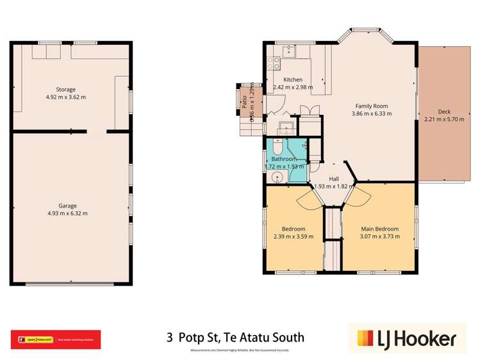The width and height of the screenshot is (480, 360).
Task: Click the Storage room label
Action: (65, 90)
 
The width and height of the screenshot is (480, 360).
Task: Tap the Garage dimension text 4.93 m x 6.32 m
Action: (67, 213)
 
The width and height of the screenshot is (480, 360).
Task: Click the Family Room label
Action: (372, 106)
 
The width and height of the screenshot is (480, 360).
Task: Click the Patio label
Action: (245, 101)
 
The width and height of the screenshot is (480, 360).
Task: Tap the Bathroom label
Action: (284, 159)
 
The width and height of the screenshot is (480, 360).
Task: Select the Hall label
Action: (334, 179)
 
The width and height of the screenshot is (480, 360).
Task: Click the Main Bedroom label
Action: (380, 229)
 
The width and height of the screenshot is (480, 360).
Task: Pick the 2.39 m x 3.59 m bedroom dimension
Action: (294, 236)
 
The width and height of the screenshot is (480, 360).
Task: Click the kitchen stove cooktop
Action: (276, 63)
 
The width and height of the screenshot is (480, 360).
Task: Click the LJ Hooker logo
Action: (407, 338)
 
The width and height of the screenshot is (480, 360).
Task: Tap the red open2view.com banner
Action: (56, 339)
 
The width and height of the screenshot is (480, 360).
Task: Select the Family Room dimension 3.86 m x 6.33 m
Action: (372, 114)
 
